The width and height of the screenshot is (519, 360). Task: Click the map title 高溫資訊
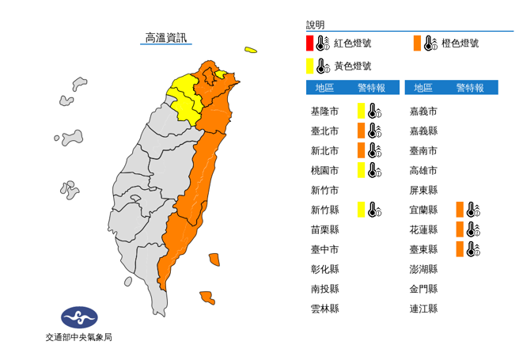point(166,37)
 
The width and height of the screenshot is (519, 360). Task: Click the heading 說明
point(315,25)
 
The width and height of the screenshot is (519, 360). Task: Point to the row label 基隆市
point(325,111)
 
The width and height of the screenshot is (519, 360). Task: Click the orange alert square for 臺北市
point(361,131)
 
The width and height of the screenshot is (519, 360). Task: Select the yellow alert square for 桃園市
point(361,170)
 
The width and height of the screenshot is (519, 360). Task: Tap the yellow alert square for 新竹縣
point(361,210)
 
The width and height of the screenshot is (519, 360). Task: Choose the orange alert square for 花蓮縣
point(460,229)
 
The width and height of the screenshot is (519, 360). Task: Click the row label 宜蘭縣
point(424,210)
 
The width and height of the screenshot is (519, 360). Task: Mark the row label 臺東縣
point(424,249)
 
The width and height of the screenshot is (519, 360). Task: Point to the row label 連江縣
point(424,309)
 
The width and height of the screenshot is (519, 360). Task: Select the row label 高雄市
point(424,170)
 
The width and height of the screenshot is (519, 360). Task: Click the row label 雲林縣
point(325,309)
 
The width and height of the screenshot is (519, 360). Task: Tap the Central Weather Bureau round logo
point(79,318)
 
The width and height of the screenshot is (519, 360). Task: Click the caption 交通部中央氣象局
point(79,339)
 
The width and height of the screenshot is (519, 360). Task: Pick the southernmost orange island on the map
point(206,297)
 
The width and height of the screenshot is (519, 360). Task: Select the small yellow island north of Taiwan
point(250,51)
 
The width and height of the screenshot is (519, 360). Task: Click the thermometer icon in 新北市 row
point(374,150)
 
